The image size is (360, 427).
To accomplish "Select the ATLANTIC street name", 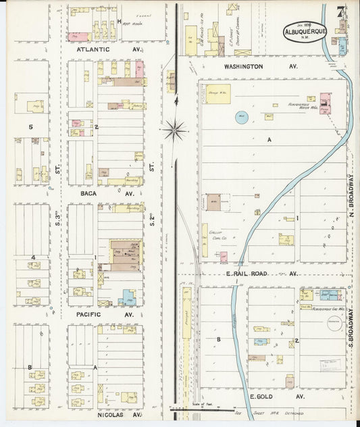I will (x=93, y=49).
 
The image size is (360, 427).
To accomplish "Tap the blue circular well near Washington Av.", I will (x=241, y=116).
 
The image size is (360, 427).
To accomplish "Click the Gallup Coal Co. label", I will (x=215, y=233).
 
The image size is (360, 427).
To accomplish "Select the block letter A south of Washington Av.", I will (x=269, y=140).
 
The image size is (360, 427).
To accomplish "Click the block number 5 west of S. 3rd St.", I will (x=30, y=126).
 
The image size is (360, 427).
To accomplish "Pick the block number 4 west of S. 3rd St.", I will (x=32, y=257).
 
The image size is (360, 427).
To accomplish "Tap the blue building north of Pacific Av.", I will (x=127, y=298).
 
